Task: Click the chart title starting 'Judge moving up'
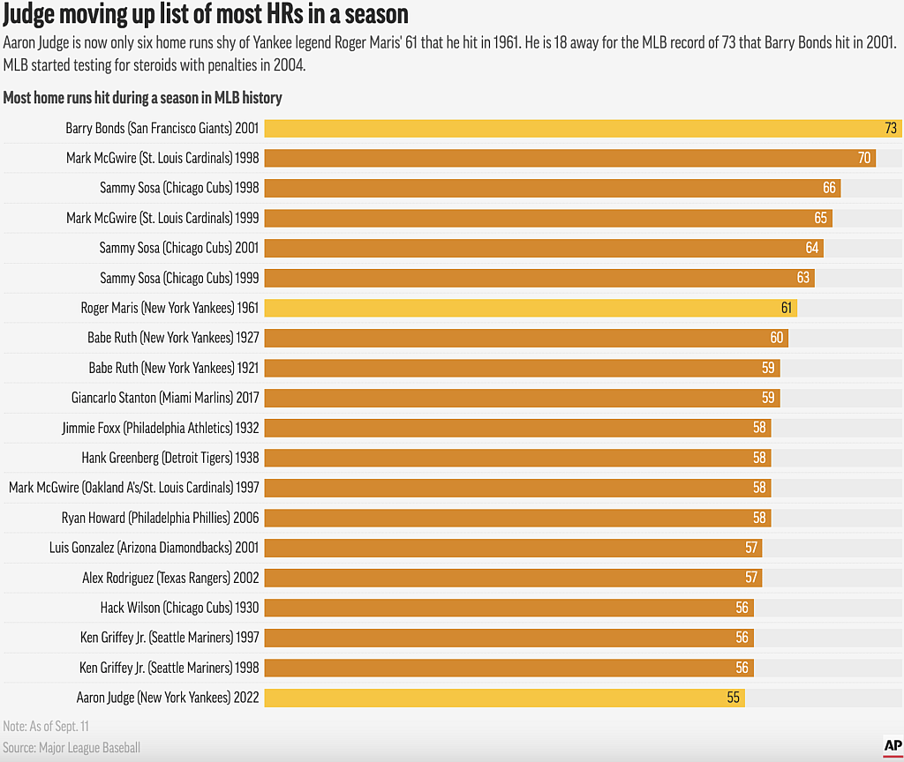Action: pyautogui.click(x=207, y=14)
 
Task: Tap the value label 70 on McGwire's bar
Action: pyautogui.click(x=864, y=158)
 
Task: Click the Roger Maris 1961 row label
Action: pyautogui.click(x=169, y=308)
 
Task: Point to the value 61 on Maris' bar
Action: pyautogui.click(x=786, y=308)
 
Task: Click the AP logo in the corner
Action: pyautogui.click(x=892, y=746)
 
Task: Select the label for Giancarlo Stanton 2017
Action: pyautogui.click(x=165, y=398)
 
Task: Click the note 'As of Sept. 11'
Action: pyautogui.click(x=46, y=726)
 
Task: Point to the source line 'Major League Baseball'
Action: pyautogui.click(x=72, y=748)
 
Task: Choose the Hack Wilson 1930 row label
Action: pyautogui.click(x=179, y=608)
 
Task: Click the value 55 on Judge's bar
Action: pyautogui.click(x=733, y=698)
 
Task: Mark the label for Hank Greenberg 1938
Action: pyautogui.click(x=169, y=458)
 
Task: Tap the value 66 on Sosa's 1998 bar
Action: pyautogui.click(x=829, y=188)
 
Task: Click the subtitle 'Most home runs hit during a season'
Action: pyautogui.click(x=143, y=98)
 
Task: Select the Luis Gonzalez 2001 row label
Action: pyautogui.click(x=154, y=548)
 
